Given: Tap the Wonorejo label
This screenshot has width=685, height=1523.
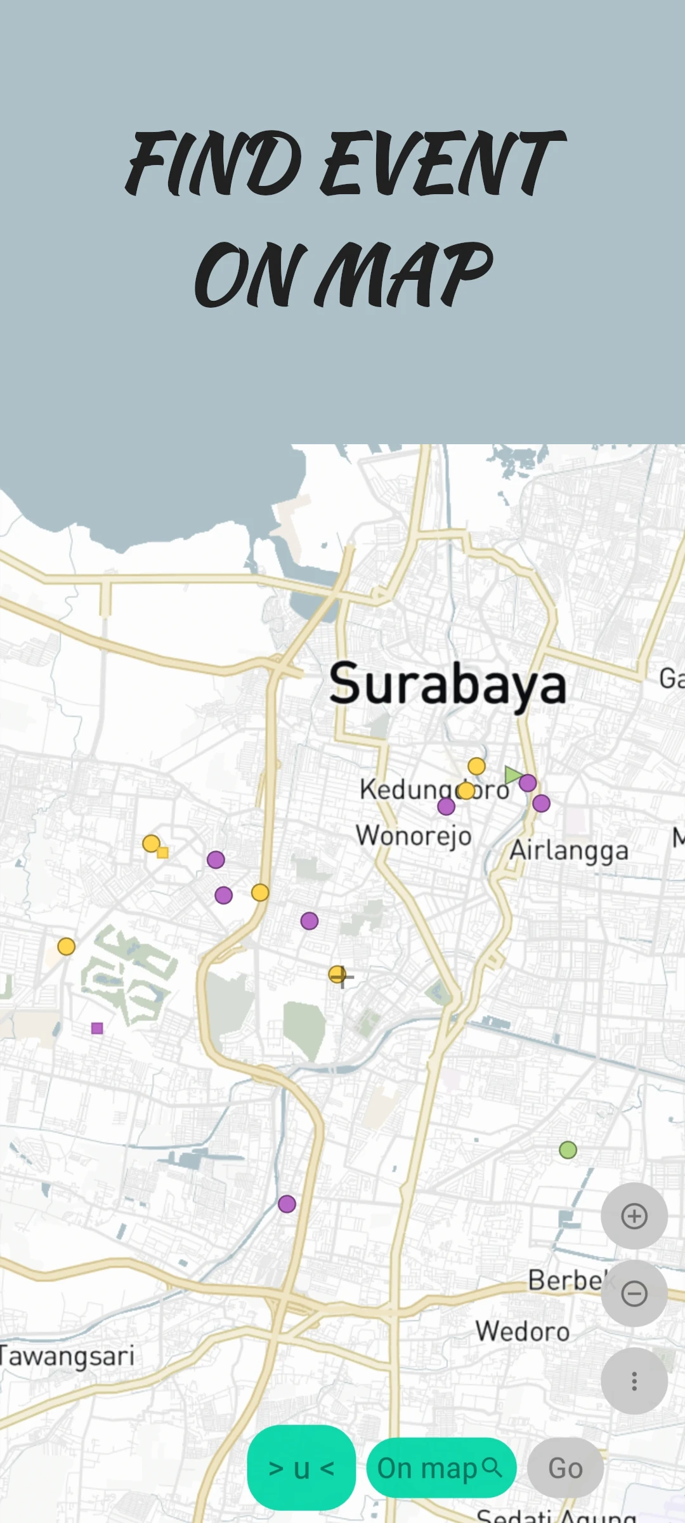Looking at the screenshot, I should pos(414,836).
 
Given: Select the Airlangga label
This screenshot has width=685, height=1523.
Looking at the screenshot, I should pos(569,850).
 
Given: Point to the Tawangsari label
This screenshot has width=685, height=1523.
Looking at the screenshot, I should pos(67,1357).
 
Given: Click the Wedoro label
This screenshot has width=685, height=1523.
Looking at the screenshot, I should pos(523,1331).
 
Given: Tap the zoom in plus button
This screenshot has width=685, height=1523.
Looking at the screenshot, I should pos(634,1216).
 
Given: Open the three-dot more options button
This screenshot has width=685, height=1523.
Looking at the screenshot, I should pos(634,1381).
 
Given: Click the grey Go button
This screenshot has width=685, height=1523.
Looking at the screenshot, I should pos(565,1468).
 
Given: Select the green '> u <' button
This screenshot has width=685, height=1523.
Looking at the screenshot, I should pos(301,1468).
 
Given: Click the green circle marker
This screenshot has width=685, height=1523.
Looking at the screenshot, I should pos(568,1150).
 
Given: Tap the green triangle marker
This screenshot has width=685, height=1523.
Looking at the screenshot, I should pos(512,775).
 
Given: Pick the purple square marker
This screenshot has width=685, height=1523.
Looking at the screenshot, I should pos(97,1028).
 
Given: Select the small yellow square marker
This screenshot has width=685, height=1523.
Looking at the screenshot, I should pos(163,853).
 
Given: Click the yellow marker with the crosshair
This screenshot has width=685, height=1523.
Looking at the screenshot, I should pos(337,974).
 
